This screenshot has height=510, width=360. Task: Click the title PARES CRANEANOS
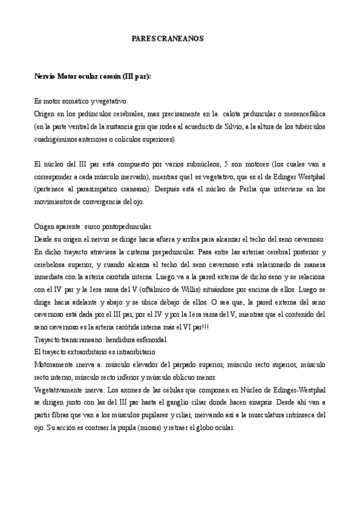coord(168,38)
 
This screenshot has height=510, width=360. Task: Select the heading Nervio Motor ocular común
coord(93,76)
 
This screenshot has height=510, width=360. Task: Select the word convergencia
coord(105,201)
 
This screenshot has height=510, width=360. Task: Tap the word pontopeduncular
coord(126,227)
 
